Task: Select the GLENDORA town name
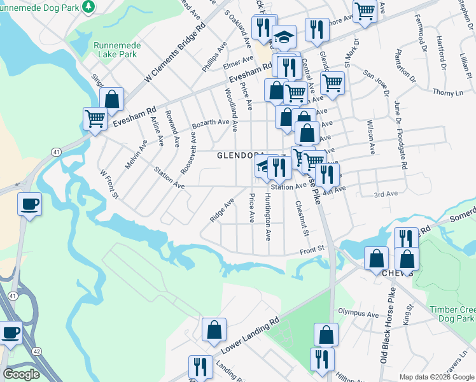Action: click(241, 155)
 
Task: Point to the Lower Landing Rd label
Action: click(249, 337)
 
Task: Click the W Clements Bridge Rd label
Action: click(174, 55)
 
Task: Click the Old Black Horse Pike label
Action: click(389, 337)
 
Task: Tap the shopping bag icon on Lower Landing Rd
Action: click(214, 330)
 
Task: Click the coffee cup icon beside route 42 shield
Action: click(11, 332)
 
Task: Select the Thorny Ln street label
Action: click(448, 93)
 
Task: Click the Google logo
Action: click(21, 374)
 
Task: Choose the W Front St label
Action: click(109, 183)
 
